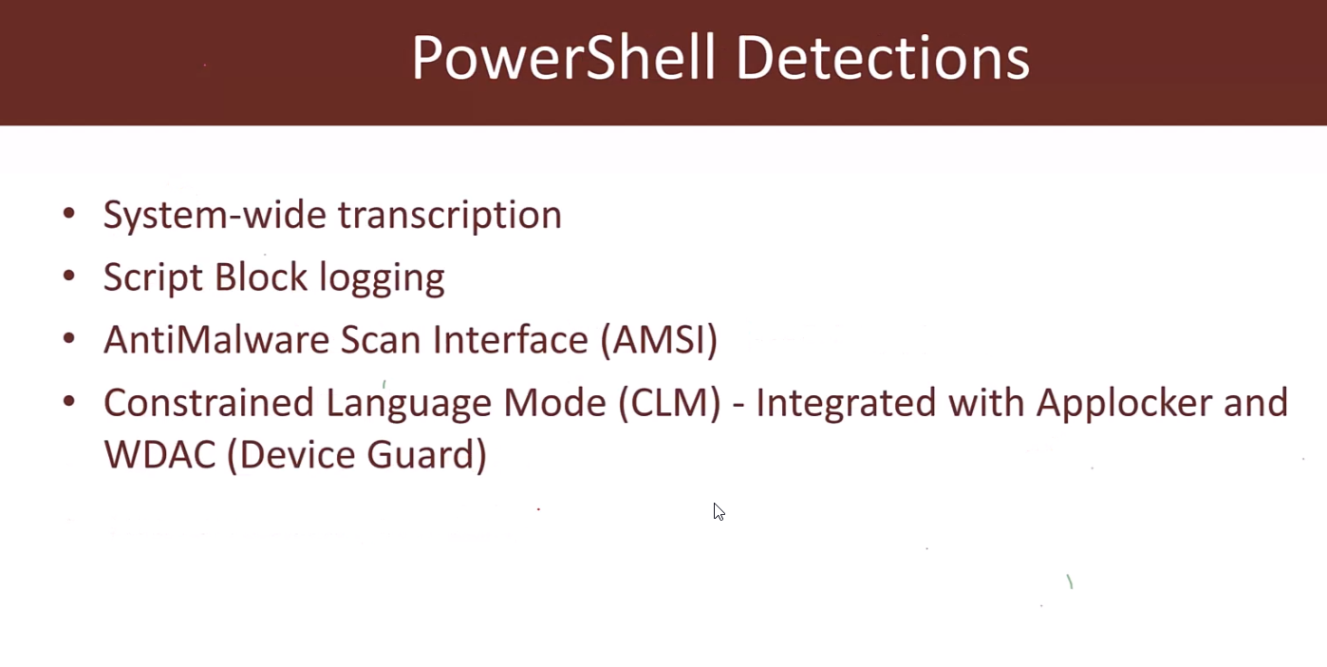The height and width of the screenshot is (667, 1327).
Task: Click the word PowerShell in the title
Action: coord(564,58)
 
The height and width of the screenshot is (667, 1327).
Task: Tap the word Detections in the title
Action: coord(883,58)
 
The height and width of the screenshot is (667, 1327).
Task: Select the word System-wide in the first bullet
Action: coord(215,215)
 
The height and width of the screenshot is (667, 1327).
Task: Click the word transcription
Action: coord(450,215)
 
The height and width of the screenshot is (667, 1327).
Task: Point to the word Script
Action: coord(153,277)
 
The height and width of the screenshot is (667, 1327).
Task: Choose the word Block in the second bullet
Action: coord(261,276)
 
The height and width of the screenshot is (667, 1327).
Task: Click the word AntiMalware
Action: coord(216,340)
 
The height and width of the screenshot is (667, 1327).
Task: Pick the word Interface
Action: coord(510,339)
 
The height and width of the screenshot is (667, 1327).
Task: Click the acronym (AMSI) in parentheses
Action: coord(659,340)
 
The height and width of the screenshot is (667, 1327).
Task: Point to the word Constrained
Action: coord(209,403)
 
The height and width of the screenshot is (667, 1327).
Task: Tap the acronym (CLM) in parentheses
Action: coord(669,403)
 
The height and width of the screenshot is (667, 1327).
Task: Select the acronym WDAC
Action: coord(159,455)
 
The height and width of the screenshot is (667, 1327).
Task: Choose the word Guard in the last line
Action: coord(426,455)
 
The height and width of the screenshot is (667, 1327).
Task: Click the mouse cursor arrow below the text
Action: coord(719,512)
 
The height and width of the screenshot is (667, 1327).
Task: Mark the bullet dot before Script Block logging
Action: coord(68,276)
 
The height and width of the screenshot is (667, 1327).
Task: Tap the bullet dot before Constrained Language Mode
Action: coord(68,401)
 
